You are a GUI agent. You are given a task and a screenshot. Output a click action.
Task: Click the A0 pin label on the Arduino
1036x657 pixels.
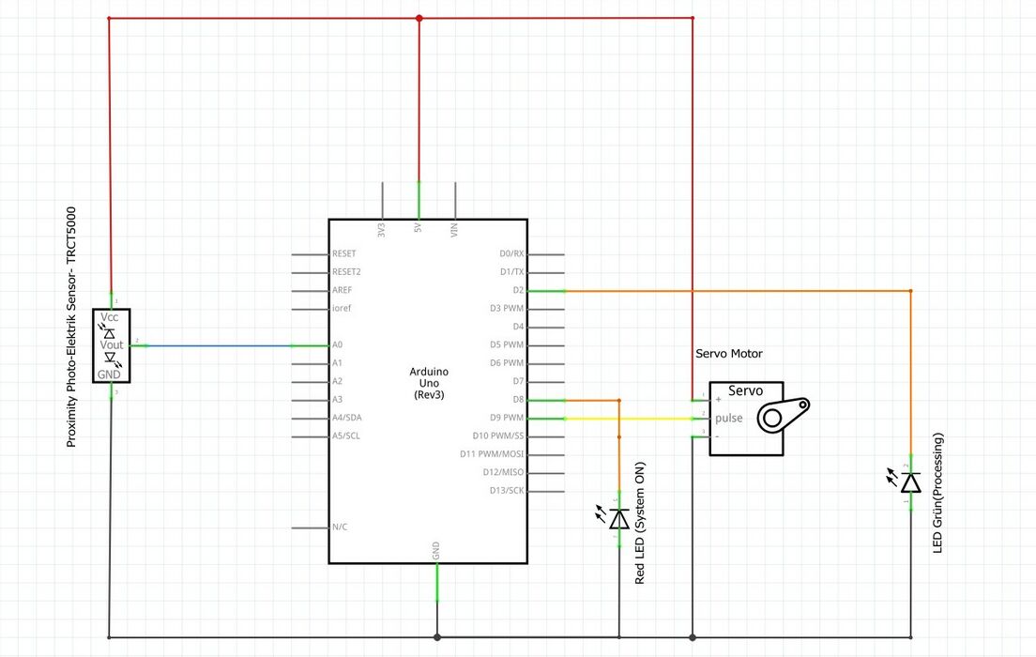(x=338, y=345)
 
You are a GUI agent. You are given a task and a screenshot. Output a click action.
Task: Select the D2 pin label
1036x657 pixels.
(x=517, y=291)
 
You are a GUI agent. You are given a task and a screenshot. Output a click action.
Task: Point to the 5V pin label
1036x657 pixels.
(x=419, y=229)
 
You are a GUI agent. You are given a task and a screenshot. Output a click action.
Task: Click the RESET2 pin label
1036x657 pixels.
(x=347, y=272)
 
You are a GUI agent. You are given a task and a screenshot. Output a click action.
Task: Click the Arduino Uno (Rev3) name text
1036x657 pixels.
(x=428, y=383)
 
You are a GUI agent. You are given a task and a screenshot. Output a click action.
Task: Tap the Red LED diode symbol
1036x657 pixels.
(x=618, y=518)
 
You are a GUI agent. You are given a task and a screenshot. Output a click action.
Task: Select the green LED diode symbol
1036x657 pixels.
(x=910, y=482)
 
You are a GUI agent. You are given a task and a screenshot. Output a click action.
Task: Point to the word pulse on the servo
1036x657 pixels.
(x=730, y=418)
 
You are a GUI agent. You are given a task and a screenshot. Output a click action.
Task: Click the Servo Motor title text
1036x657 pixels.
(x=729, y=354)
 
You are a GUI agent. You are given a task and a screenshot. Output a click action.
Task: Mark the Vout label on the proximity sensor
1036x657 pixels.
(x=112, y=345)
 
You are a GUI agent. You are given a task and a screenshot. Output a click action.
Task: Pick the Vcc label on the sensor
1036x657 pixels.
(x=111, y=317)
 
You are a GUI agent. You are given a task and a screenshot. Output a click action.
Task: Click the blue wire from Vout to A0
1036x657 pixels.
(x=216, y=346)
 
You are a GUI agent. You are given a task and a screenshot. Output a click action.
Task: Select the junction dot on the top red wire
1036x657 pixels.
(x=419, y=18)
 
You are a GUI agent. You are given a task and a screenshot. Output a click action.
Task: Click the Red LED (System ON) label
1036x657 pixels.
(x=641, y=524)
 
